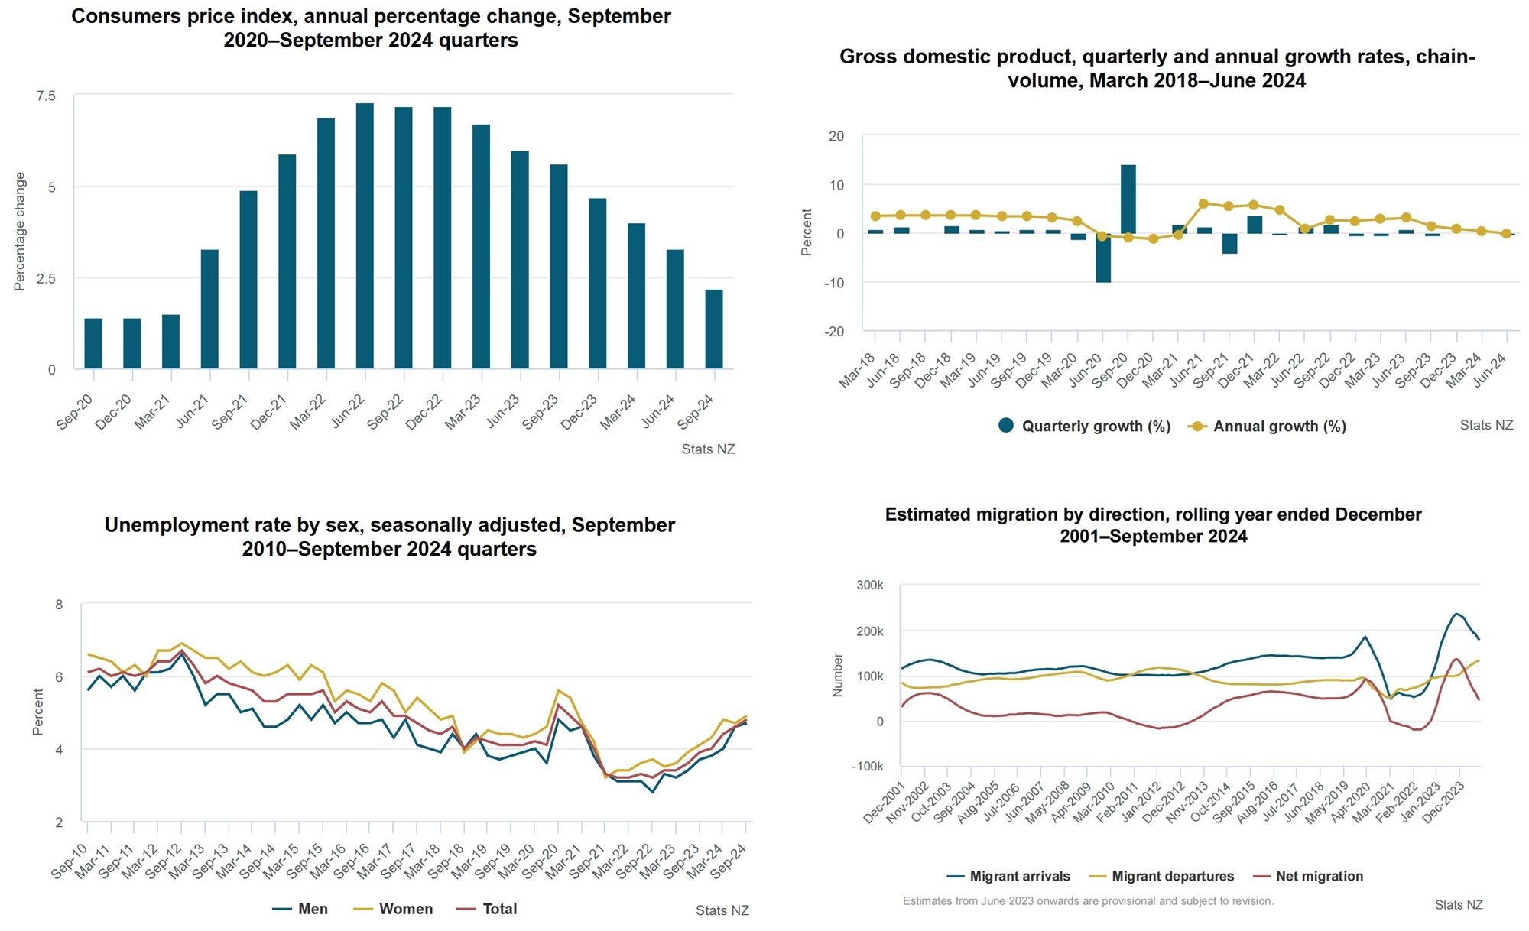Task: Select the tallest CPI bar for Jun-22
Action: pos(365,236)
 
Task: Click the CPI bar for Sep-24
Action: pos(713,329)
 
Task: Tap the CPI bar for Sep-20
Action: pos(93,343)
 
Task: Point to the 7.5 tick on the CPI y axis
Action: pos(46,96)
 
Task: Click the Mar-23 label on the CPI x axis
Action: pos(463,412)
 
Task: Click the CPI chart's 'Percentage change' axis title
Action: pos(20,231)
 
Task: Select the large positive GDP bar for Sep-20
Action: pos(1128,199)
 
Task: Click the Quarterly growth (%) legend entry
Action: pos(1085,427)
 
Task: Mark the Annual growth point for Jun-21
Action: pos(1203,204)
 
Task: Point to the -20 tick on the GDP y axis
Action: pos(833,332)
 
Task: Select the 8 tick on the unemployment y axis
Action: pos(59,605)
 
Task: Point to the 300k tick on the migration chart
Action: pos(869,586)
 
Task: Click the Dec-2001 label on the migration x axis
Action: pos(885,803)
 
